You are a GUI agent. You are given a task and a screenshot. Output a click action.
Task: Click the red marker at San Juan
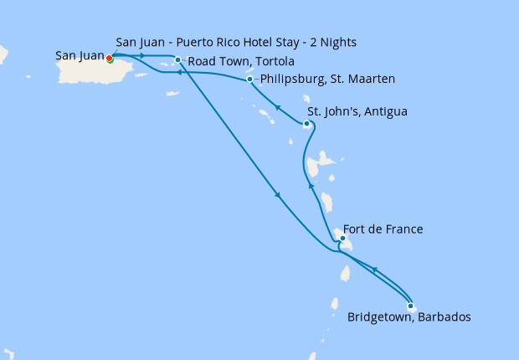tap(109, 58)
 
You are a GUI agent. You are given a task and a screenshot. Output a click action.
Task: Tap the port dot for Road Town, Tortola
tap(177, 59)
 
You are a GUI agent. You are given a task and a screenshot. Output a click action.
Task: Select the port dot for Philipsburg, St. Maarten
tap(250, 80)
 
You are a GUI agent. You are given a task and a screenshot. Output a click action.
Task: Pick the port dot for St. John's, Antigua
tap(307, 124)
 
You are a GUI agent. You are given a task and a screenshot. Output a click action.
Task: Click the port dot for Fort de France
tap(342, 238)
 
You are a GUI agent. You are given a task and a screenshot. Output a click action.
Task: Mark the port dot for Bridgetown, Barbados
tap(410, 306)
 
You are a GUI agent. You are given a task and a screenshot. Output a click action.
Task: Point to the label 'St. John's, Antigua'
tap(357, 111)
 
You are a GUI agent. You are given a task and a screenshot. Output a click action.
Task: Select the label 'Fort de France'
tap(383, 229)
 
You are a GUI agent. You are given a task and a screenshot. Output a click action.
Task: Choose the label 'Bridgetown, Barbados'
tap(409, 318)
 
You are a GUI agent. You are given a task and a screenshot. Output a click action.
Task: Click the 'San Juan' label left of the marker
tap(80, 56)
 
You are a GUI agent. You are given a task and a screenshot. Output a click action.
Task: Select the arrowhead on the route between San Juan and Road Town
tap(143, 56)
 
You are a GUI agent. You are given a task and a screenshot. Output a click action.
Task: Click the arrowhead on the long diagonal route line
tap(277, 196)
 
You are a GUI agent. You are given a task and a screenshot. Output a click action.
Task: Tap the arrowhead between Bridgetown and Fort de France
tap(373, 270)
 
